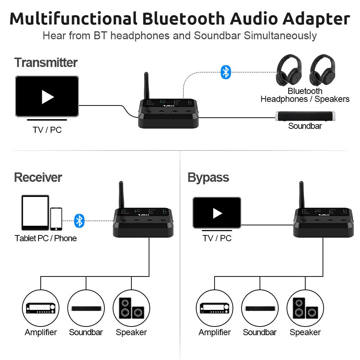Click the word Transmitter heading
click(46, 63)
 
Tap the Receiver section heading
click(38, 177)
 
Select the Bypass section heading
click(208, 177)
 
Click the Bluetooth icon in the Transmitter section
click(225, 72)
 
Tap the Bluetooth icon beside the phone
click(79, 220)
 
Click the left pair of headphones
click(288, 71)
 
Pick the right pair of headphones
click(322, 71)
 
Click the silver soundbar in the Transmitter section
click(306, 116)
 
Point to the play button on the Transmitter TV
click(47, 96)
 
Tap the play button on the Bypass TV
click(217, 213)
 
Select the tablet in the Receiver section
click(35, 212)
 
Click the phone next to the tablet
click(56, 219)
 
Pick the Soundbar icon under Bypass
click(260, 308)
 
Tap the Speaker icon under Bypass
click(305, 308)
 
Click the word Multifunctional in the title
click(73, 18)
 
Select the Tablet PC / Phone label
click(46, 238)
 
